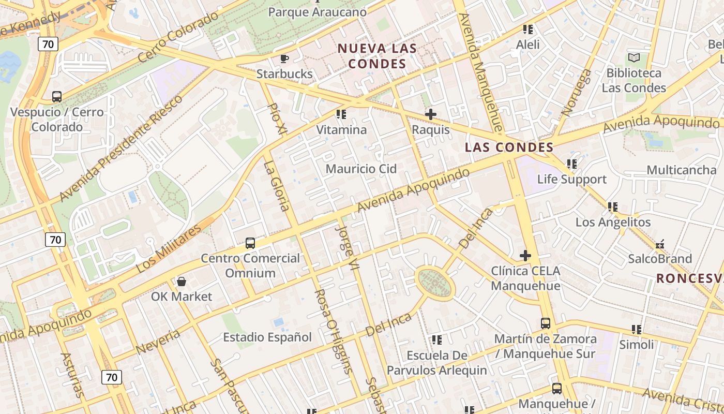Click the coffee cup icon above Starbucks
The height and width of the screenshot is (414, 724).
(284, 58)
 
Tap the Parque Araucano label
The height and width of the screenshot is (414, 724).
(318, 12)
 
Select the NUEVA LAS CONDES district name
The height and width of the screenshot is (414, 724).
(377, 56)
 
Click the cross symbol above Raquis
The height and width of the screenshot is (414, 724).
(430, 114)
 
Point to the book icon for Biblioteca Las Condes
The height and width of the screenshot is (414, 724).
(633, 58)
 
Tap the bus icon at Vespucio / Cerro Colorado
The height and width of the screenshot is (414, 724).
(57, 97)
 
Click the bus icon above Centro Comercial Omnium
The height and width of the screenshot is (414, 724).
(250, 243)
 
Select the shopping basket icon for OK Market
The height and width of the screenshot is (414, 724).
(182, 282)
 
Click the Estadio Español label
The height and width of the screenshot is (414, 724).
(267, 337)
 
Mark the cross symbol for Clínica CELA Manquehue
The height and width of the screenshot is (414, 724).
(525, 256)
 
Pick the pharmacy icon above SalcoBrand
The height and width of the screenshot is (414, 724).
(660, 244)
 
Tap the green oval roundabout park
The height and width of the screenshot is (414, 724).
(435, 283)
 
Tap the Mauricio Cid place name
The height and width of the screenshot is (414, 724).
(361, 169)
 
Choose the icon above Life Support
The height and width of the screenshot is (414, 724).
(571, 165)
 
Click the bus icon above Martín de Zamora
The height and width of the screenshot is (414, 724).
(546, 323)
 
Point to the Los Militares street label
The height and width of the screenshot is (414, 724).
(169, 249)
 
